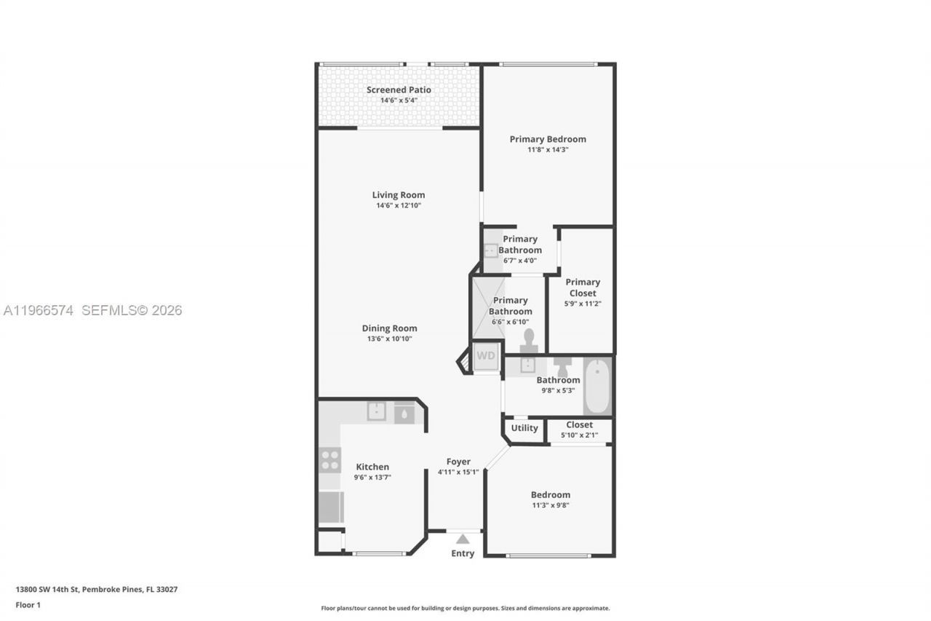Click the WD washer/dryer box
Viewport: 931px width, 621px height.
coord(486,356)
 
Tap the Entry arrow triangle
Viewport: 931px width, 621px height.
coord(463,539)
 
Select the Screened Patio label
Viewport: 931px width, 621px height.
coord(399,90)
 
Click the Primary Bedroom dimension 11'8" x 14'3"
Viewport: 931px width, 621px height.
coord(548,149)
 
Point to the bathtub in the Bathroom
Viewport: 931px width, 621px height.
coord(597,385)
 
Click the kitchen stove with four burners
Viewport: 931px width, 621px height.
coord(329,460)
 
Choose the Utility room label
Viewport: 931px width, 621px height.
coord(524,428)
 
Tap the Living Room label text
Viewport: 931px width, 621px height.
coord(399,194)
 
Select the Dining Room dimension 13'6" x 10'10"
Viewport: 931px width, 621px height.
coord(389,339)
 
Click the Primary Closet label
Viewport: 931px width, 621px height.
coord(583,287)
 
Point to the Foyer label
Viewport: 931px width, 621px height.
coord(458,462)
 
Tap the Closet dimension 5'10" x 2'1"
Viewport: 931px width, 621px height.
coord(579,435)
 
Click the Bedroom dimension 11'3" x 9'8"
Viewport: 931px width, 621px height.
coord(550,505)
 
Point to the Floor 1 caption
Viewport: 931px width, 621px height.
coord(28,604)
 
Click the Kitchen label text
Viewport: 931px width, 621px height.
coord(372,467)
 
